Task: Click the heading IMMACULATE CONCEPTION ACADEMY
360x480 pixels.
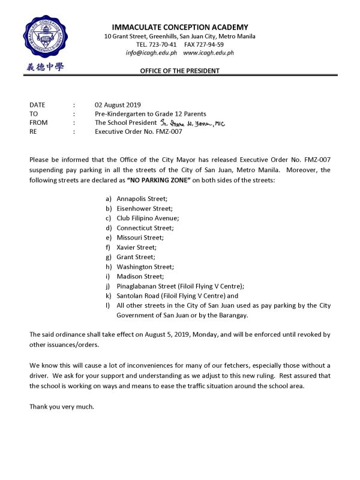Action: [x=180, y=27]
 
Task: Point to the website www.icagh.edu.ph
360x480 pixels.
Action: [x=208, y=53]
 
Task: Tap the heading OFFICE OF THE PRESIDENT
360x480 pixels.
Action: [x=179, y=71]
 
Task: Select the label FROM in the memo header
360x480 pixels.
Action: [x=38, y=122]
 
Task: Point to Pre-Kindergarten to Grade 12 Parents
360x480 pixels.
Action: [x=150, y=113]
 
